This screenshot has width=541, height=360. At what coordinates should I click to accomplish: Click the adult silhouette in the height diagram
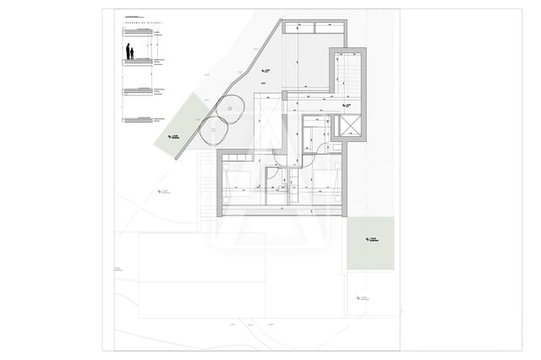(129, 52)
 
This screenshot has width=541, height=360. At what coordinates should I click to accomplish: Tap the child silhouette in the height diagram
(134, 56)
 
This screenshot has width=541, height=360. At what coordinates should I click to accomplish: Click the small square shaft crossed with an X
(347, 126)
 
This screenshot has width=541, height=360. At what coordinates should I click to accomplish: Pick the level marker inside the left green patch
(173, 136)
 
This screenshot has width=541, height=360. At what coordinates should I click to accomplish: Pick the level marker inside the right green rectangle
(369, 239)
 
